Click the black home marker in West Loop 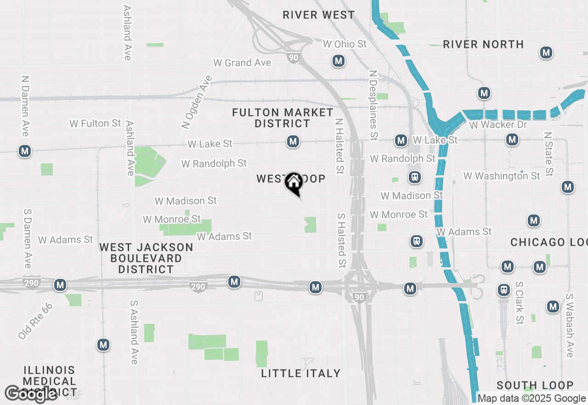click(293, 183)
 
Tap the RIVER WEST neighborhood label click(318, 15)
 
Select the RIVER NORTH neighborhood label click(483, 44)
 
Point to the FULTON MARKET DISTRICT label click(283, 118)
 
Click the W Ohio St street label click(345, 44)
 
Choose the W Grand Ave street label click(242, 63)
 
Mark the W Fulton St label click(96, 123)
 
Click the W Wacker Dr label click(498, 125)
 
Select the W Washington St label click(502, 176)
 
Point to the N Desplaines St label click(374, 105)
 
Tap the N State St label click(548, 154)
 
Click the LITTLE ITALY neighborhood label click(301, 373)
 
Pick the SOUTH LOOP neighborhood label click(535, 385)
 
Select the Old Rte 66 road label click(35, 321)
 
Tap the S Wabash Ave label click(570, 325)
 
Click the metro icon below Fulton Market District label click(293, 141)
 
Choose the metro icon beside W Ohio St click(339, 61)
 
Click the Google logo click(31, 393)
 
